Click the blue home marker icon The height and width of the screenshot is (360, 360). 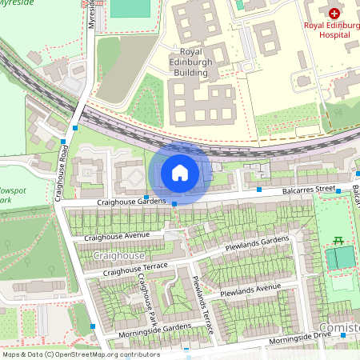[x=179, y=172]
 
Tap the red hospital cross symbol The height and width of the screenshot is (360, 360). [x=334, y=14]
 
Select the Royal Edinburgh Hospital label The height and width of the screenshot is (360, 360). [x=333, y=29]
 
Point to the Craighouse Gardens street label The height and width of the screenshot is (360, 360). [x=119, y=202]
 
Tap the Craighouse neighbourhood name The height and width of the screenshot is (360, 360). [x=118, y=255]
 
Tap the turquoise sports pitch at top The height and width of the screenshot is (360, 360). [x=130, y=7]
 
